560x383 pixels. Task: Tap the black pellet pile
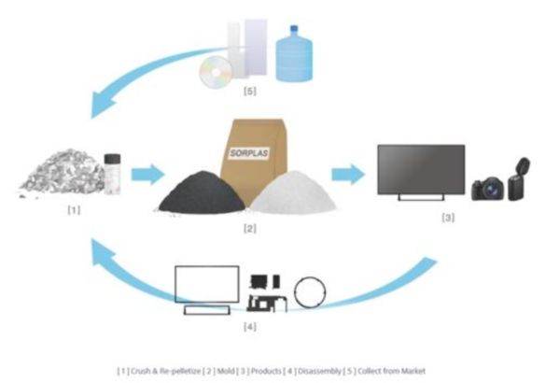(x=197, y=192)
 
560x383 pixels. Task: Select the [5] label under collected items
(x=249, y=92)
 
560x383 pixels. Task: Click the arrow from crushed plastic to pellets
(x=145, y=174)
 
